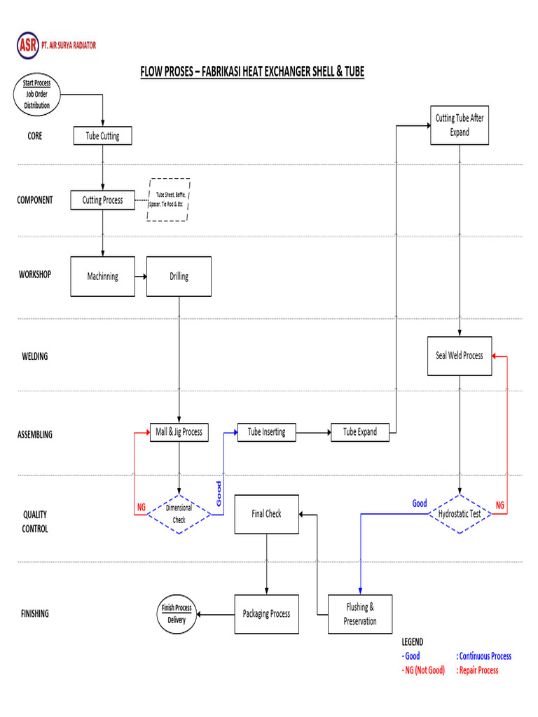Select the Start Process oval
(38, 95)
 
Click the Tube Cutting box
(102, 136)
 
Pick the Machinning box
(102, 277)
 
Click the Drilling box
(179, 277)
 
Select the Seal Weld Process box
(460, 356)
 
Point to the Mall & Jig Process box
(179, 432)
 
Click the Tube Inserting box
(267, 432)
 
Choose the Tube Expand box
(360, 433)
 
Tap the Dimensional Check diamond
(179, 515)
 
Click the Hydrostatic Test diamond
(460, 514)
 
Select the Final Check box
(266, 514)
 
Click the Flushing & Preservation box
(360, 614)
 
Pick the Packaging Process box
(266, 614)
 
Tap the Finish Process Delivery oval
(177, 614)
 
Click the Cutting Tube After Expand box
(460, 125)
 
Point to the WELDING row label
(35, 356)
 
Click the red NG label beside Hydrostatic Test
(499, 505)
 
